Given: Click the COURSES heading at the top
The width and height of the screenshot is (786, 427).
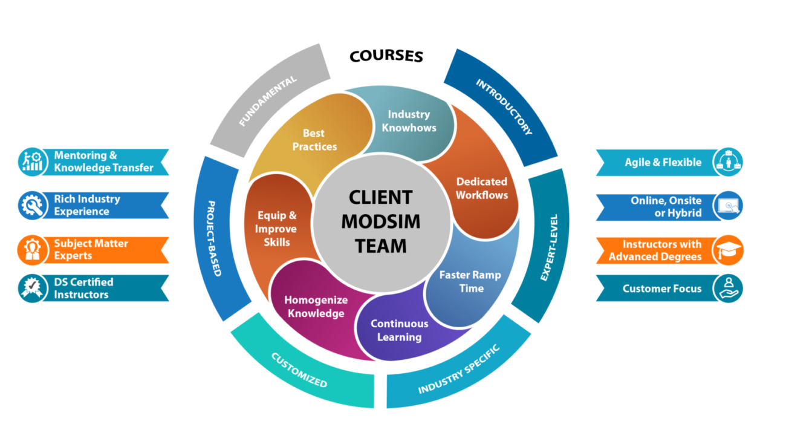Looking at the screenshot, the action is point(386,56).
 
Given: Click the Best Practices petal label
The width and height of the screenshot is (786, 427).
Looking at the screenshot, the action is point(314,140).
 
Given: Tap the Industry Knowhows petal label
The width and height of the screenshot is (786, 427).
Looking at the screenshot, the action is point(409,121).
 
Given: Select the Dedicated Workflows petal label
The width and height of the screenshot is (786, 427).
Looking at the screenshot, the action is point(482,188).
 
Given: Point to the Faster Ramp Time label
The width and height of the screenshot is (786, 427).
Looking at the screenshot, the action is point(470,281).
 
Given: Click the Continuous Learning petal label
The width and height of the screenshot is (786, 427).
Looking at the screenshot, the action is point(399,330).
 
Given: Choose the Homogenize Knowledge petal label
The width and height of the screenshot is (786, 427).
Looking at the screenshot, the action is point(316,307).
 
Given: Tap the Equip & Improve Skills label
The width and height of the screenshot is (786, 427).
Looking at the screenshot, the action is point(276,229).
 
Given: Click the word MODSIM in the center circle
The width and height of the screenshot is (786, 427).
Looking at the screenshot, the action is point(381,221).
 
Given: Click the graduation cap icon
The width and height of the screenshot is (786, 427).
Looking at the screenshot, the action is point(728,250).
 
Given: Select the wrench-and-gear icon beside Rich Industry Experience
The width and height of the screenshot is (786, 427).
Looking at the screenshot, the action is point(32,206).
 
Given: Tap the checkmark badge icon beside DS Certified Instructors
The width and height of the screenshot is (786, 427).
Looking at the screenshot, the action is point(32,288).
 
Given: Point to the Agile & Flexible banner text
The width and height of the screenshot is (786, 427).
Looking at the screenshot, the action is point(663,162).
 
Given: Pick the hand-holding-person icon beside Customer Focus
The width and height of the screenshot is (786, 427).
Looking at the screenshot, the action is point(728,288).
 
